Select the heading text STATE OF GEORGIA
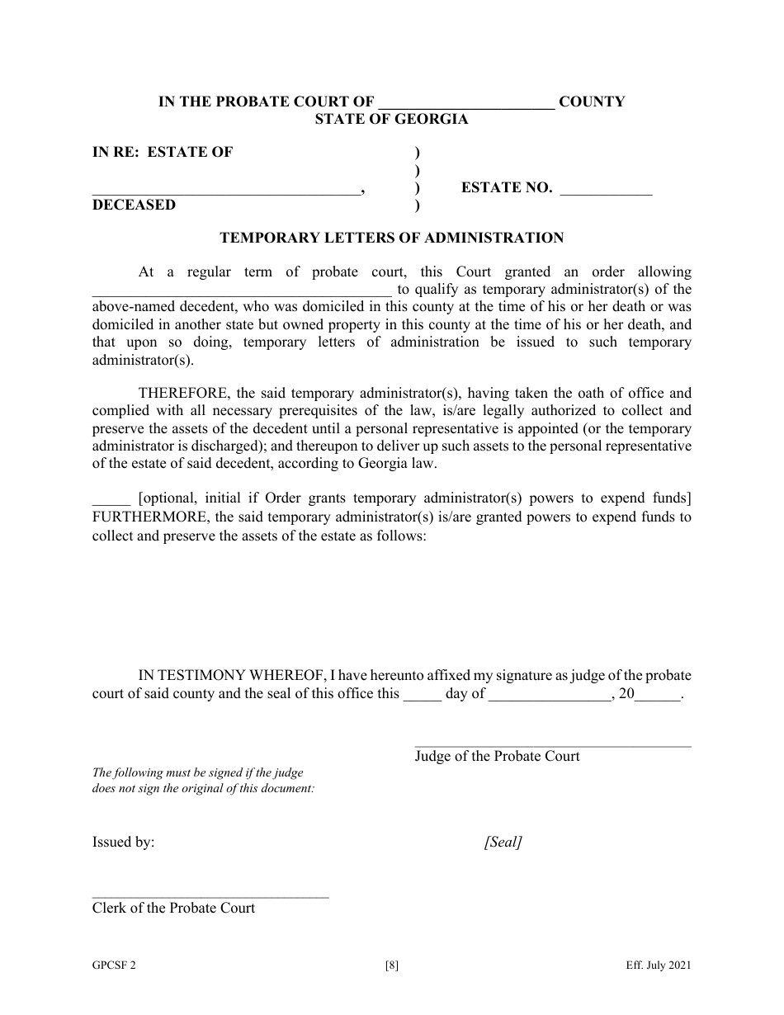coord(391,119)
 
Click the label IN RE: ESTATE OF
coord(163,152)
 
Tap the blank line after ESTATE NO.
coord(606,191)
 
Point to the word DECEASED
coord(134,205)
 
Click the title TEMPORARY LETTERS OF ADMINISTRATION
coord(391,238)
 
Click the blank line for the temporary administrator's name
coord(241,291)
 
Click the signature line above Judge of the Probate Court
coord(552,746)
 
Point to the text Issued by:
coord(123,843)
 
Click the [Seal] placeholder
coord(503,843)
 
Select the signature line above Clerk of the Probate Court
coord(210,897)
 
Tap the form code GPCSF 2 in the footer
coord(115,966)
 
